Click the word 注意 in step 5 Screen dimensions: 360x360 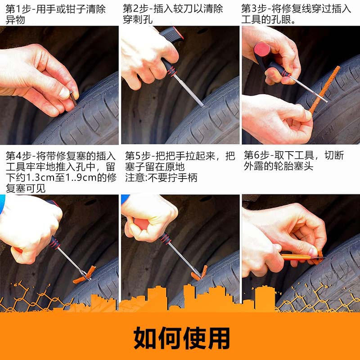click(135, 178)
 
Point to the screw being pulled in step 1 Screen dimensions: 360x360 click(73, 98)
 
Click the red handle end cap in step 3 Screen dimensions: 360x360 click(262, 49)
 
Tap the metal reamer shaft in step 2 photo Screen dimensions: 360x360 click(188, 90)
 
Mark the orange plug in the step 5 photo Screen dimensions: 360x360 click(199, 273)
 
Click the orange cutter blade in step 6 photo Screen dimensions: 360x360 click(296, 257)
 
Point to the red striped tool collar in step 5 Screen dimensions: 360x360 click(166, 238)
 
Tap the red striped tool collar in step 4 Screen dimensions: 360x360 click(54, 243)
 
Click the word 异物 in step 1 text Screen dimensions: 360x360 click(15, 20)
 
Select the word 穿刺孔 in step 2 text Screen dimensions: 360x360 click(138, 19)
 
